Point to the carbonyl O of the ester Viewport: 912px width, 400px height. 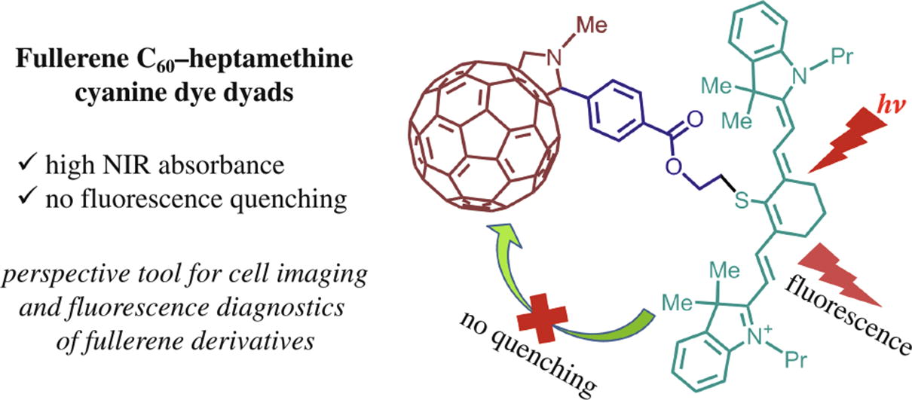694,120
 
